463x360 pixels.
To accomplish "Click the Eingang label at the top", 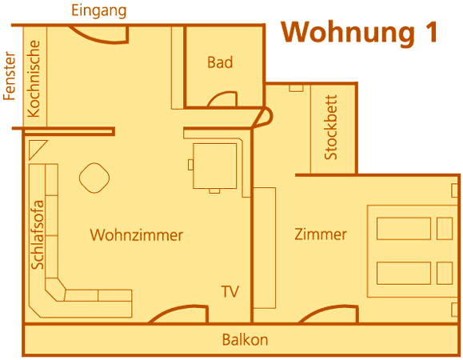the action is [99, 11].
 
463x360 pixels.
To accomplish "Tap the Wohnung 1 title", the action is [359, 33].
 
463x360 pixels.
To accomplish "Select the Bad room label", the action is [220, 62].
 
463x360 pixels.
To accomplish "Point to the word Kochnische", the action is [34, 78].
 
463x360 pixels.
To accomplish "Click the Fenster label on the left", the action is [9, 76].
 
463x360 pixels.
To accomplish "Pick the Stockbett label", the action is [331, 127].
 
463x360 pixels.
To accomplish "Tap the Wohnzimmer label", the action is [137, 235].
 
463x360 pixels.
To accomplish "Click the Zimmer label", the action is [321, 234].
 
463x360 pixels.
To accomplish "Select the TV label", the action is [230, 291].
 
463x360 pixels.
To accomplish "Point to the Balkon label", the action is [245, 340].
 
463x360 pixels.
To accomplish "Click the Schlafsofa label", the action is [38, 234].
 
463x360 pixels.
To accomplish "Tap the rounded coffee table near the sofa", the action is [94, 178].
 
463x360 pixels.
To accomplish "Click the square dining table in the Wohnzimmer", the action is [214, 166].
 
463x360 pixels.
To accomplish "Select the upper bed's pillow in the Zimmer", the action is [445, 228].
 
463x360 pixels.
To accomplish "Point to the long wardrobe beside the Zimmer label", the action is [265, 248].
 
